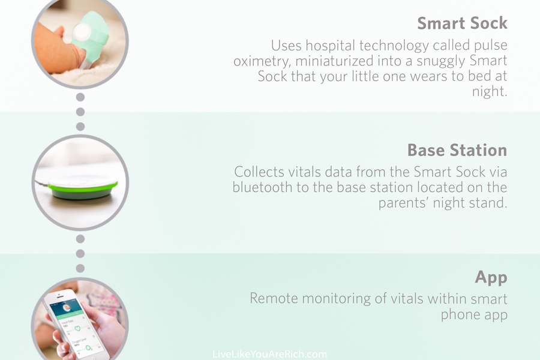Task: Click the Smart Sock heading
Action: click(462, 23)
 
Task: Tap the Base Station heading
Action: click(457, 150)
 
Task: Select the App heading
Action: click(491, 278)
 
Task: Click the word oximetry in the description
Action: click(262, 61)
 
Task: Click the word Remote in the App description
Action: click(274, 298)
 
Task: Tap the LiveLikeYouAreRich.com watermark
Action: click(269, 354)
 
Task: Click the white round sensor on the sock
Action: click(82, 32)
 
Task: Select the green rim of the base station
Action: click(83, 188)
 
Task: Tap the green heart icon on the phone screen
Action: click(77, 328)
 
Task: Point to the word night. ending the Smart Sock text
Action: click(490, 92)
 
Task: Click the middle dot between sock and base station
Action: click(80, 112)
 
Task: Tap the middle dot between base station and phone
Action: click(80, 254)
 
